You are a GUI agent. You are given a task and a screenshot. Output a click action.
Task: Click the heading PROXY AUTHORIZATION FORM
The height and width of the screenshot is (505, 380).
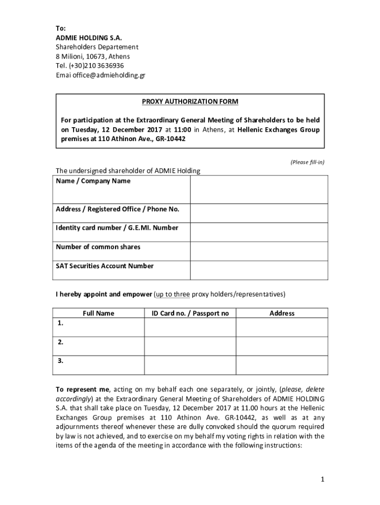190,102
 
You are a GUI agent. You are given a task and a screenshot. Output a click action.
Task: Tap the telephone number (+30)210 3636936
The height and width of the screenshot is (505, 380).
97,66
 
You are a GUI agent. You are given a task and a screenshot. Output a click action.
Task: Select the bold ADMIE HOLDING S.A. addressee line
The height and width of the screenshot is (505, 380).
88,37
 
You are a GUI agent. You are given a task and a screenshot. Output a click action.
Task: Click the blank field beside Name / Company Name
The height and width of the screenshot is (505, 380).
259,189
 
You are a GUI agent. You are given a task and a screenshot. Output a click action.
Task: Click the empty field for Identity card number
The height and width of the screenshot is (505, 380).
259,232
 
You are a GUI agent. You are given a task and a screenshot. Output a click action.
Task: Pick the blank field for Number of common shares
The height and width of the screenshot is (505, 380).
259,251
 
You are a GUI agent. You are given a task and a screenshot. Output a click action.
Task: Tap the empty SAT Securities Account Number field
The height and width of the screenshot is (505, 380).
259,270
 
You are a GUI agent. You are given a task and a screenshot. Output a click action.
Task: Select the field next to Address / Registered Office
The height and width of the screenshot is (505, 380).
259,213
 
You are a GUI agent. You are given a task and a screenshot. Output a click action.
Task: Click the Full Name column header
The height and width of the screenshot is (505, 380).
98,313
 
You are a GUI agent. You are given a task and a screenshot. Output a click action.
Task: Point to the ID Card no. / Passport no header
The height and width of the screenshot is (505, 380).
190,313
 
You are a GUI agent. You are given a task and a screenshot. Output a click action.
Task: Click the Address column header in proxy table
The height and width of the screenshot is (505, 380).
282,313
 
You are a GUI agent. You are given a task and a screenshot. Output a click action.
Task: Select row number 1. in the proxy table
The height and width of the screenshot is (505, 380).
60,324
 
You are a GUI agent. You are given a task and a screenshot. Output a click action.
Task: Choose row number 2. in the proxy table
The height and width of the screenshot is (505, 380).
60,342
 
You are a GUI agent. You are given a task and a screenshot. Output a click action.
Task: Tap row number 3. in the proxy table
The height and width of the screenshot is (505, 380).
60,361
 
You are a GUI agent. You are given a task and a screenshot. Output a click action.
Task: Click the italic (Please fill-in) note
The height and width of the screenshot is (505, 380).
307,162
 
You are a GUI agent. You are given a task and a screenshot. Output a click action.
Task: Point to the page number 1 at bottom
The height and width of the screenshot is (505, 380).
321,479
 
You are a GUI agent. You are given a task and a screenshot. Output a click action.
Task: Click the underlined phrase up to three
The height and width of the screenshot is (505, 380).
173,294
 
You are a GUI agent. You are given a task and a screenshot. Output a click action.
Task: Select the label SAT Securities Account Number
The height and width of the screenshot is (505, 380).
105,266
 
